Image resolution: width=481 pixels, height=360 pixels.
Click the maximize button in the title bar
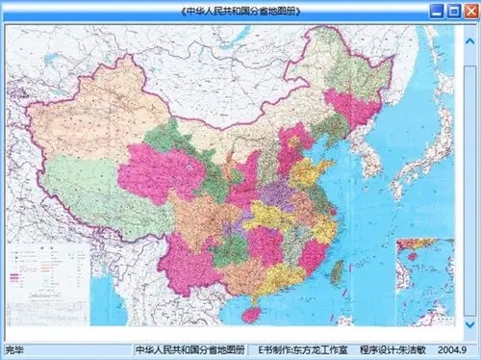[x=452, y=11]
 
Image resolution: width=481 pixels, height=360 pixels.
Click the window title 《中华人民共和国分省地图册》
[x=240, y=11]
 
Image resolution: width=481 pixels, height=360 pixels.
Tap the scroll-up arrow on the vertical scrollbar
[x=470, y=31]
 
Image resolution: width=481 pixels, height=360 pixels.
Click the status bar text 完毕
[x=14, y=348]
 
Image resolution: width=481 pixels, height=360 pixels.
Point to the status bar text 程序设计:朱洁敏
[x=392, y=348]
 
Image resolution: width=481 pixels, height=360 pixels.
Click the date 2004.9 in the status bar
[x=450, y=348]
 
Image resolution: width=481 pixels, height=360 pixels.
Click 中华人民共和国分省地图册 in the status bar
[x=190, y=348]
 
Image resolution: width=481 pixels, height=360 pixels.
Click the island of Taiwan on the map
[x=336, y=275]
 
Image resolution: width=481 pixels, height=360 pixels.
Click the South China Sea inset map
[x=424, y=279]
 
